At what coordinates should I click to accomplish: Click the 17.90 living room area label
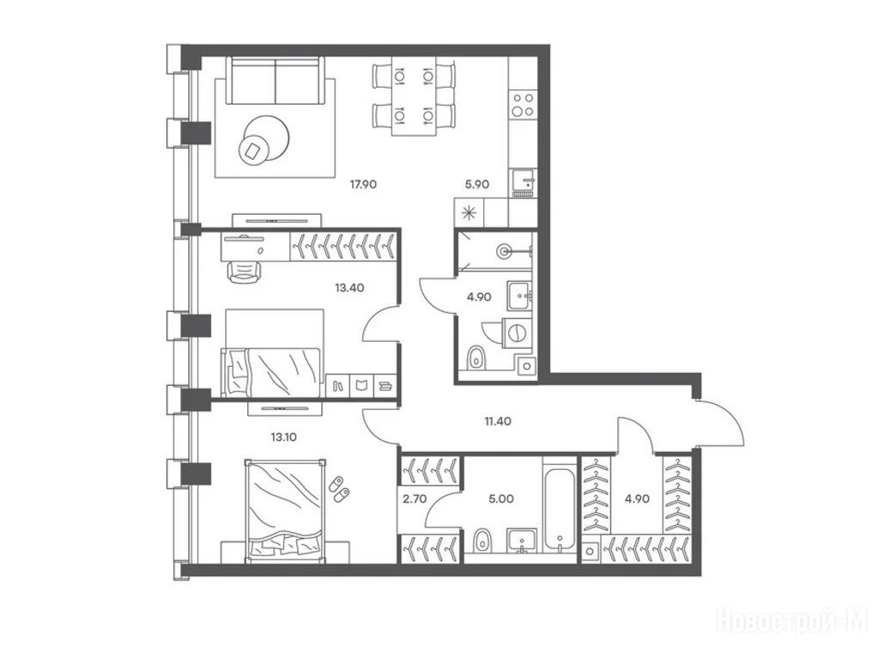[363, 184]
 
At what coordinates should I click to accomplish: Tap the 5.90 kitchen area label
[477, 184]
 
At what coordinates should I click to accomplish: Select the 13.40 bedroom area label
[350, 288]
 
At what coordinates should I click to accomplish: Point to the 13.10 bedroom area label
[283, 437]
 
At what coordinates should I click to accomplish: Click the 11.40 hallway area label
[498, 421]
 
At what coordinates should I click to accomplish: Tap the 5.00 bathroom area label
[501, 498]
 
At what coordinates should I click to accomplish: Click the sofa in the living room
[276, 80]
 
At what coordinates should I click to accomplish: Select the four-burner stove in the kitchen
[523, 104]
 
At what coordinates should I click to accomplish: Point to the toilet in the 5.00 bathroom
[482, 541]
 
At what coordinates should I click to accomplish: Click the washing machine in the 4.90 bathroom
[517, 333]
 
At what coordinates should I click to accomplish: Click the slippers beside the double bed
[338, 488]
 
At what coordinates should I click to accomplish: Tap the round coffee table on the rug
[265, 139]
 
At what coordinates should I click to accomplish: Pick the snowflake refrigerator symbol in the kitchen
[469, 213]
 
